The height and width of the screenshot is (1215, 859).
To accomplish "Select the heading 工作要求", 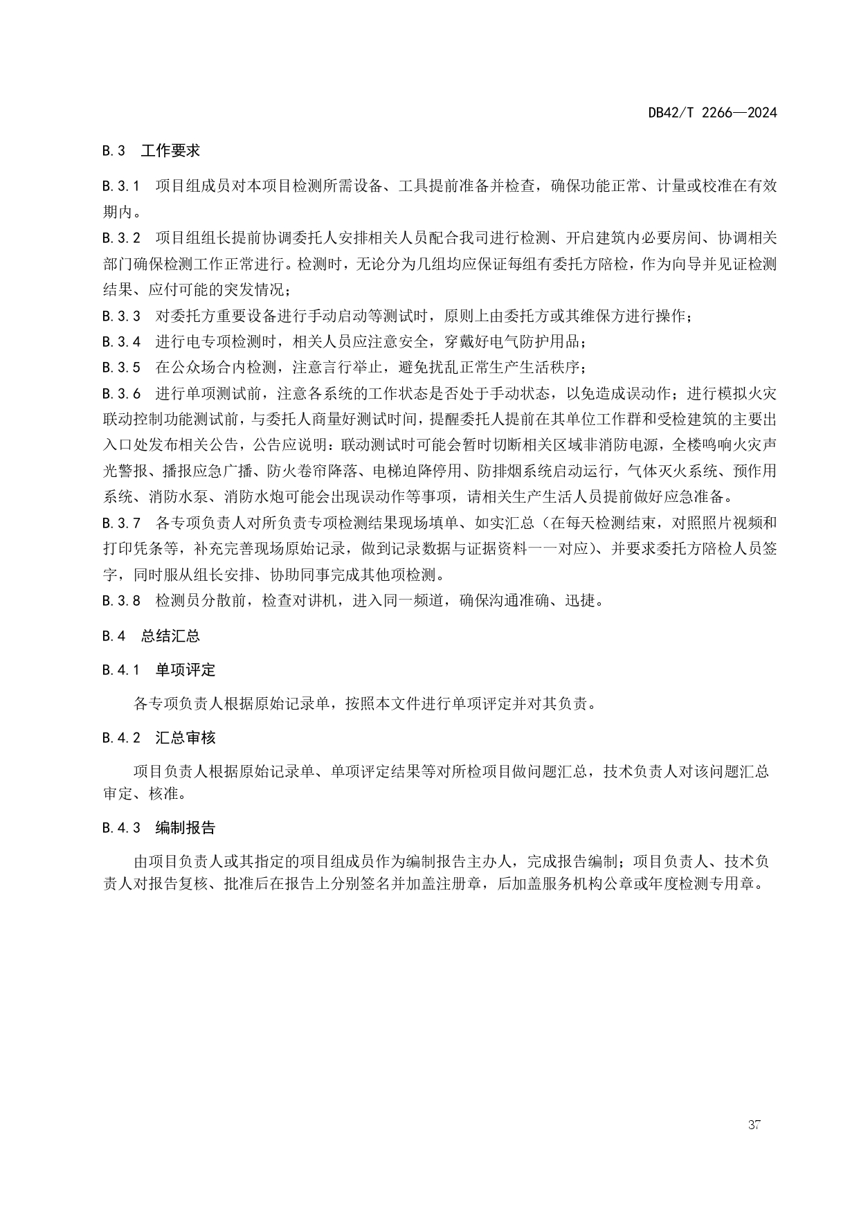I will click(170, 151).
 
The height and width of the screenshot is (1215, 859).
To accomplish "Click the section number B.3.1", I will click(121, 186).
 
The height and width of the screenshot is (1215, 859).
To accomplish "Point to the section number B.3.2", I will click(121, 238).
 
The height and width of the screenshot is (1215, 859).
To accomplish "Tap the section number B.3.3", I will click(121, 316).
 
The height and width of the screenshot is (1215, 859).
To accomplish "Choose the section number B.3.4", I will click(121, 342).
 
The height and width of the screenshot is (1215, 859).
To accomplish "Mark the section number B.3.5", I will click(121, 368).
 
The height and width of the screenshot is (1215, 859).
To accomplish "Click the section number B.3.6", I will click(121, 394).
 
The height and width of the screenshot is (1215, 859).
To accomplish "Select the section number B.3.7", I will click(121, 523).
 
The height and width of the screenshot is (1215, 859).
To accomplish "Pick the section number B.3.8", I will click(121, 600).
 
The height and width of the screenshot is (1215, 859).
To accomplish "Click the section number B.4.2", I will click(121, 738).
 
